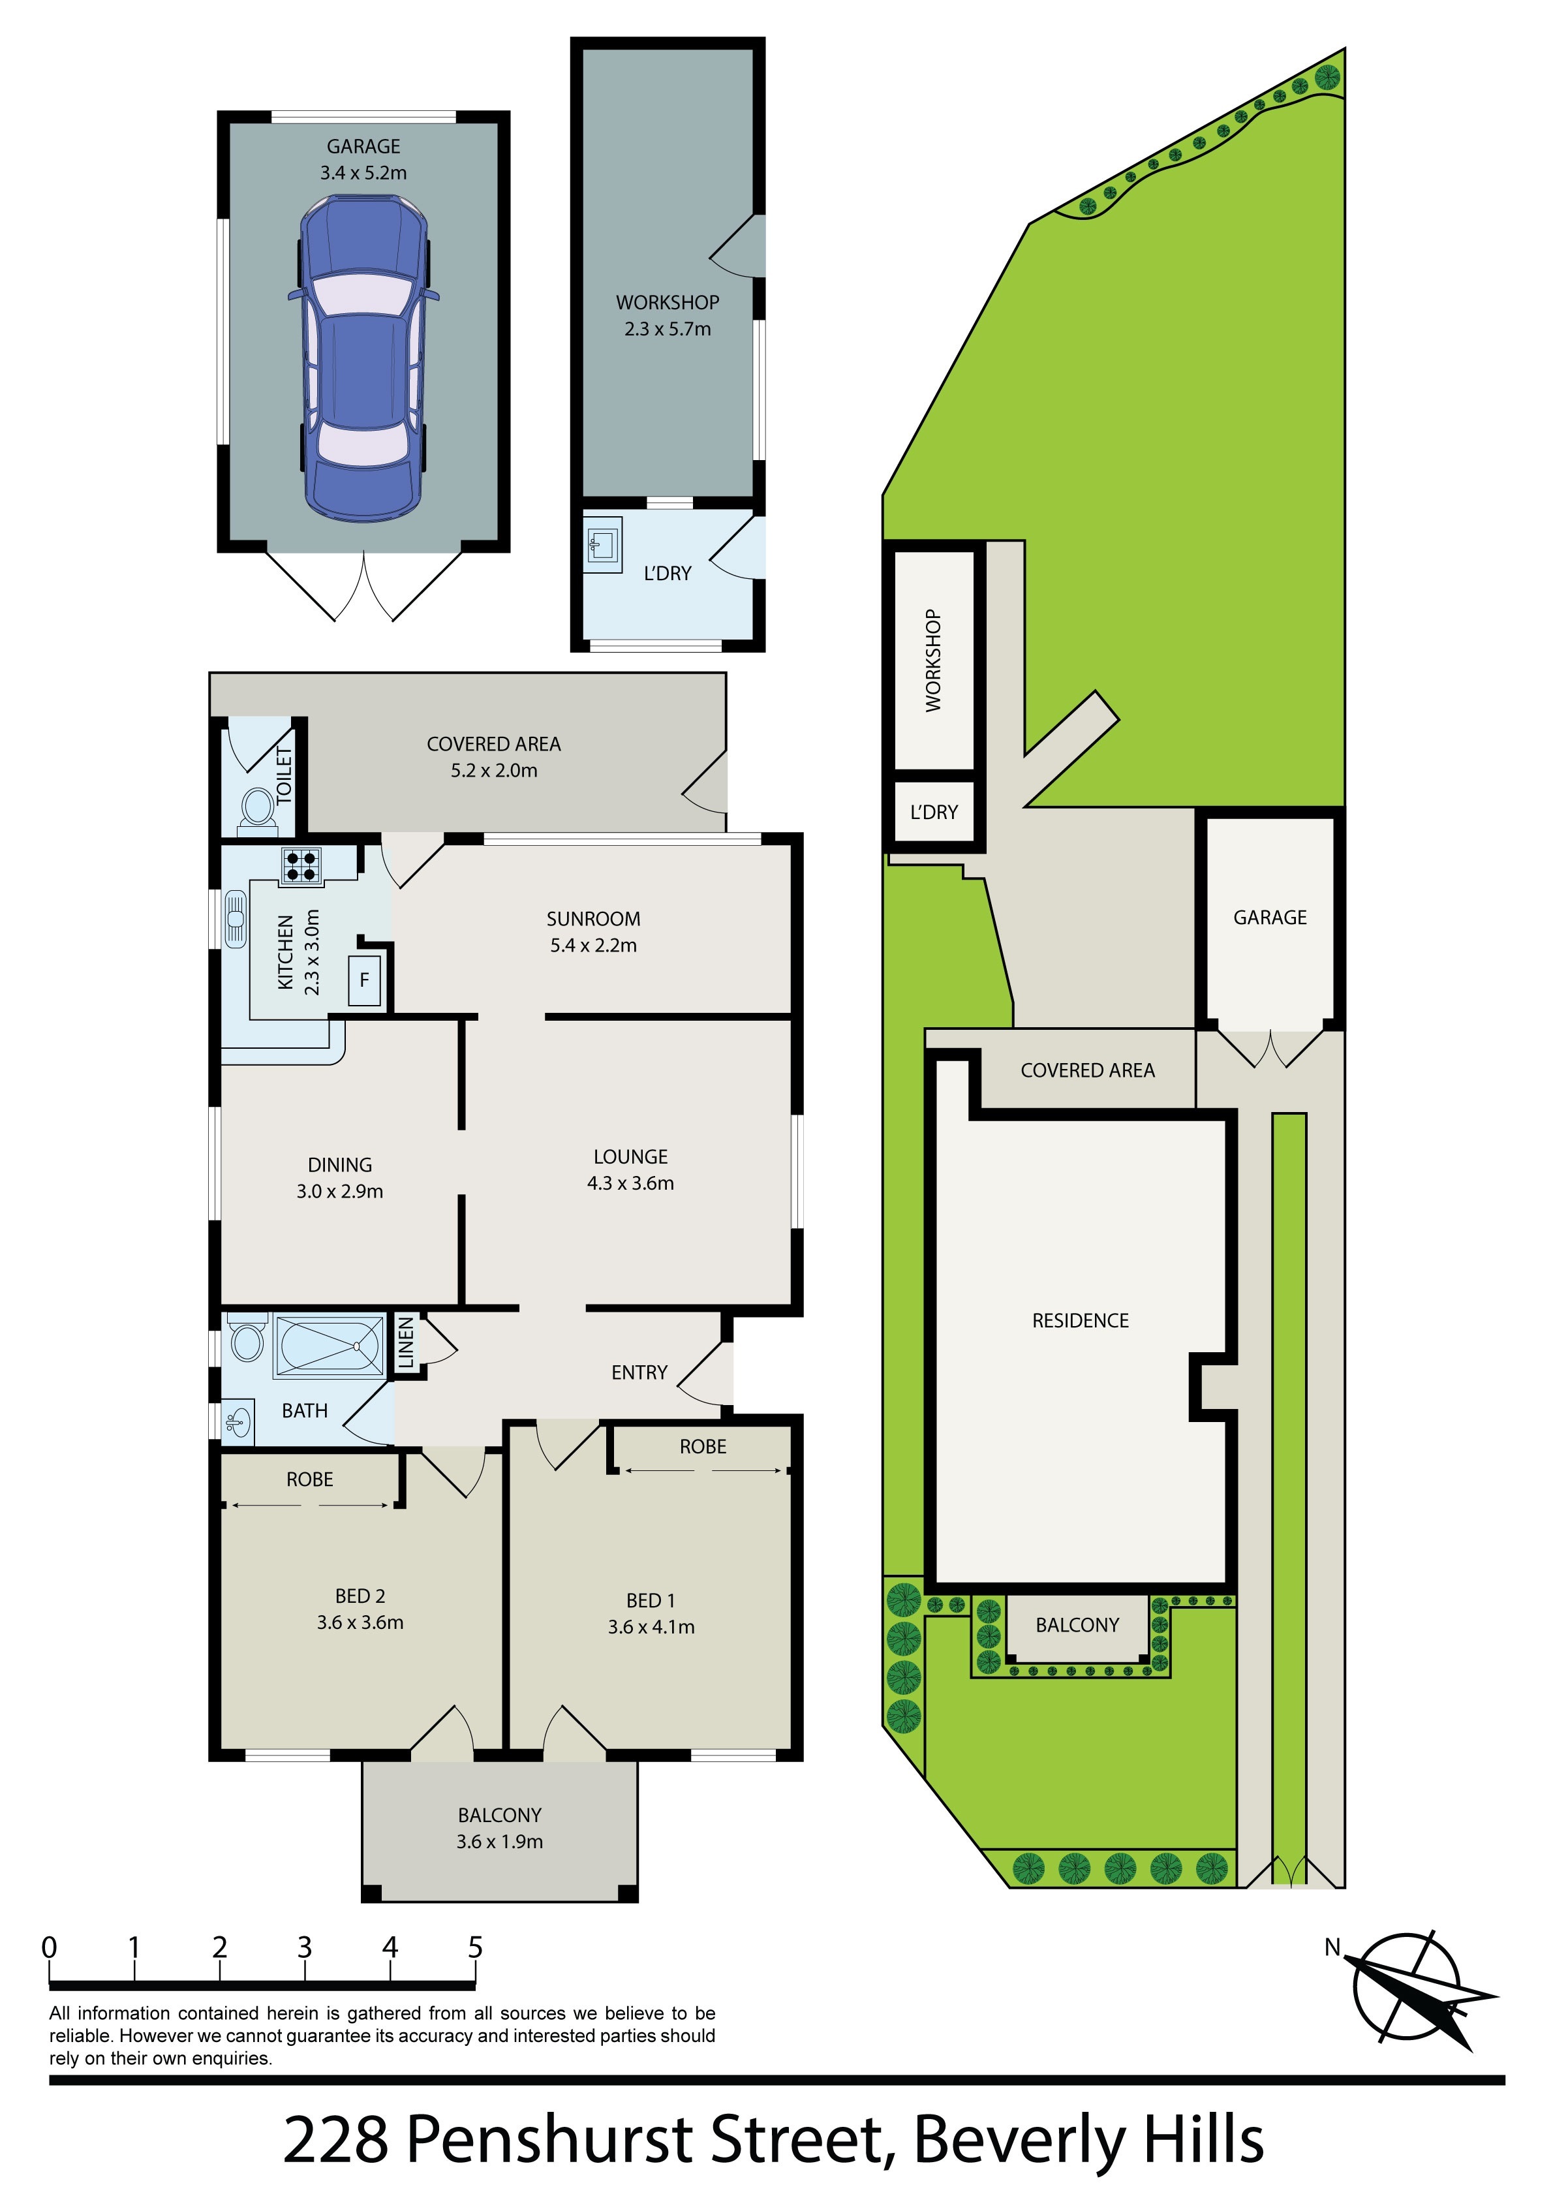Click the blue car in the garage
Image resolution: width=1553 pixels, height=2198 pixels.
[363, 358]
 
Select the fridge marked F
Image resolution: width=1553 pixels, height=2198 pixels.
[364, 980]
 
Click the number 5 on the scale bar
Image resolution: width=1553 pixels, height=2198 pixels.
[475, 1948]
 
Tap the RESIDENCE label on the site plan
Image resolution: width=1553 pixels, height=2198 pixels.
[1080, 1321]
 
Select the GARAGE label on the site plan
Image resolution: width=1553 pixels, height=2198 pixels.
[1270, 917]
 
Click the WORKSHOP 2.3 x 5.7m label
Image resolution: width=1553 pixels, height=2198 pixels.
[668, 315]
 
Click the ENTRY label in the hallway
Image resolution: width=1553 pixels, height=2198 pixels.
[639, 1373]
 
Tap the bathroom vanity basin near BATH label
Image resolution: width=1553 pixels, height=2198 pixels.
[238, 1421]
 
